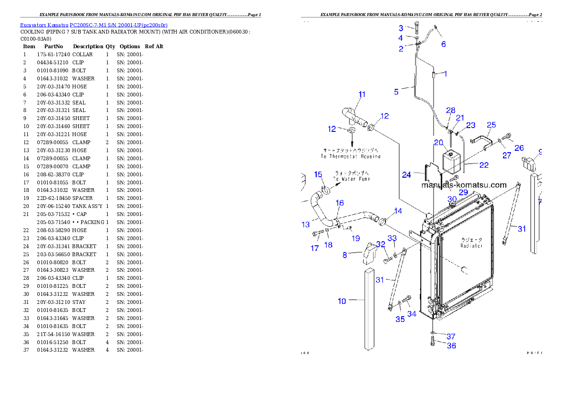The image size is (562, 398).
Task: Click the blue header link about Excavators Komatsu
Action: tap(94, 25)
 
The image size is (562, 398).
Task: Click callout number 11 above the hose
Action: tap(362, 95)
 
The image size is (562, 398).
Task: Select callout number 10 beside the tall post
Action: tap(342, 301)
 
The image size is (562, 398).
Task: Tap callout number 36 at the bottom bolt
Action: tap(451, 346)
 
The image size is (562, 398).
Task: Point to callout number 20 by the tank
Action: tap(438, 142)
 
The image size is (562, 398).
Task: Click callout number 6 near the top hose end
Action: tap(443, 44)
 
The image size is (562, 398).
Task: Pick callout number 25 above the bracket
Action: tap(491, 125)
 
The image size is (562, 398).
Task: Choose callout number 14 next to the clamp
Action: tap(398, 211)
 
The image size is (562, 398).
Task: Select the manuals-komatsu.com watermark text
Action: tap(464, 185)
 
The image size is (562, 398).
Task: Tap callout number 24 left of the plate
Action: tap(407, 175)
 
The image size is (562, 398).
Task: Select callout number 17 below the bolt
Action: tap(315, 248)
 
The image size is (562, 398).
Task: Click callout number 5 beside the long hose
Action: tap(397, 92)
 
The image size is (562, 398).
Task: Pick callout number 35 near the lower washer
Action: tap(400, 319)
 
